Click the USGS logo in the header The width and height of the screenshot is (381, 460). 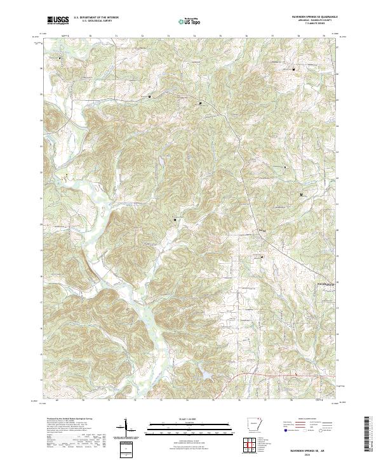pyautogui.click(x=58, y=20)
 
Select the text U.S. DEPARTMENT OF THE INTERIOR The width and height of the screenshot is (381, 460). pyautogui.click(x=96, y=18)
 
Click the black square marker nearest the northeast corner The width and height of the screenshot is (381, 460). pyautogui.click(x=293, y=69)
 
